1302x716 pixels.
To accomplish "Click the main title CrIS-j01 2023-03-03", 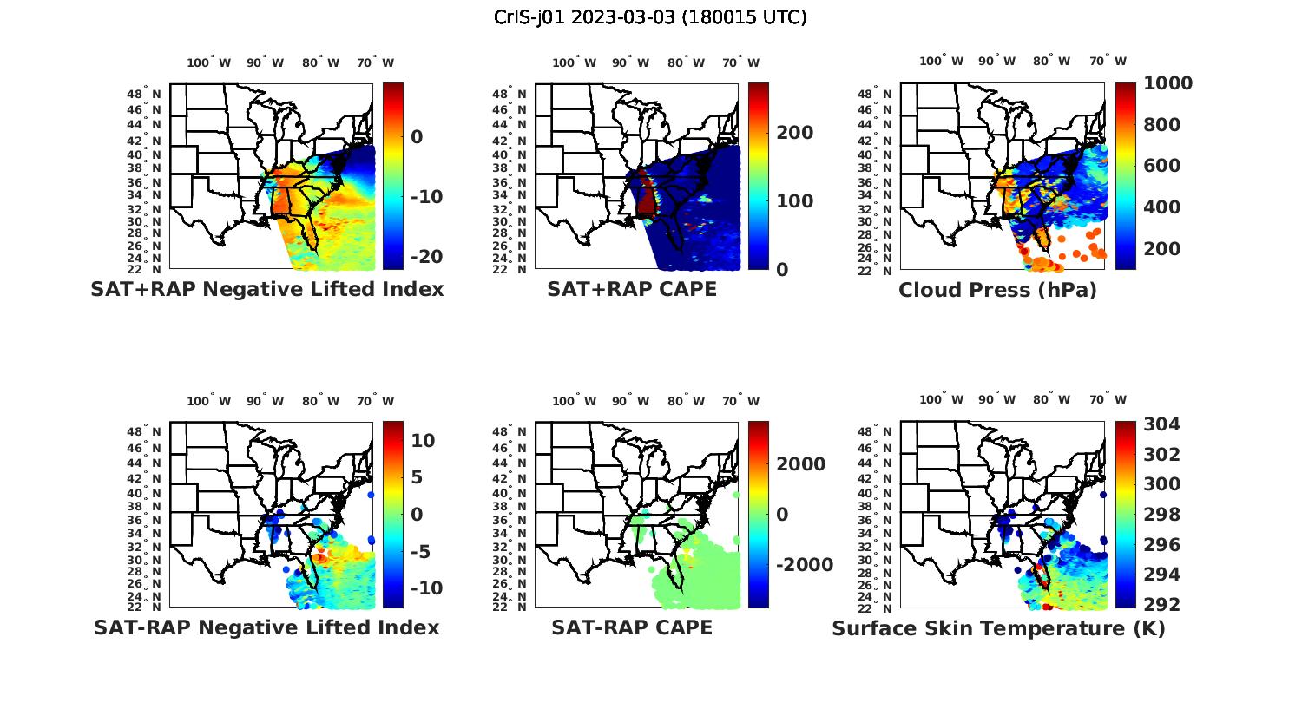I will click(650, 17).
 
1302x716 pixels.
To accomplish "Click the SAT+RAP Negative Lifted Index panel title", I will click(266, 289).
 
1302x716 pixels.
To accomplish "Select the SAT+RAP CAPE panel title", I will click(632, 289).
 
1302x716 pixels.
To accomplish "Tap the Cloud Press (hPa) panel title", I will click(997, 290).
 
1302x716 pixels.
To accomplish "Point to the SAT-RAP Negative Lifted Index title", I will click(266, 627).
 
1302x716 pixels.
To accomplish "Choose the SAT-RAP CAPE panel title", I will click(632, 627).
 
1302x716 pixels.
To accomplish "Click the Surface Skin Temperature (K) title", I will click(998, 628).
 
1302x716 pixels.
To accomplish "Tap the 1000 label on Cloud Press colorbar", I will click(1168, 83).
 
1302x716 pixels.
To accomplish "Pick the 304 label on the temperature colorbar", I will click(1162, 424).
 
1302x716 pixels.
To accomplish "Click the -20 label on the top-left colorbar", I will click(426, 257).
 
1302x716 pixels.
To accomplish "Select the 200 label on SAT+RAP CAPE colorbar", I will click(795, 133).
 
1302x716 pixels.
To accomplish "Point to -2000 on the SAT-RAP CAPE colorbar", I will click(805, 565).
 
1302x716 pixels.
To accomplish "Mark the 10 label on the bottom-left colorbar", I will click(424, 440).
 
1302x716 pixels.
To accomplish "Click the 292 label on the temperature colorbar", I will click(1162, 604).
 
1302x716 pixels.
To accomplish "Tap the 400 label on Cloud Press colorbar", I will click(1162, 207).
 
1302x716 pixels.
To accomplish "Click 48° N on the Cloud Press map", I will click(881, 94).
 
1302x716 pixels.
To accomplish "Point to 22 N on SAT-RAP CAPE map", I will click(510, 608).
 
